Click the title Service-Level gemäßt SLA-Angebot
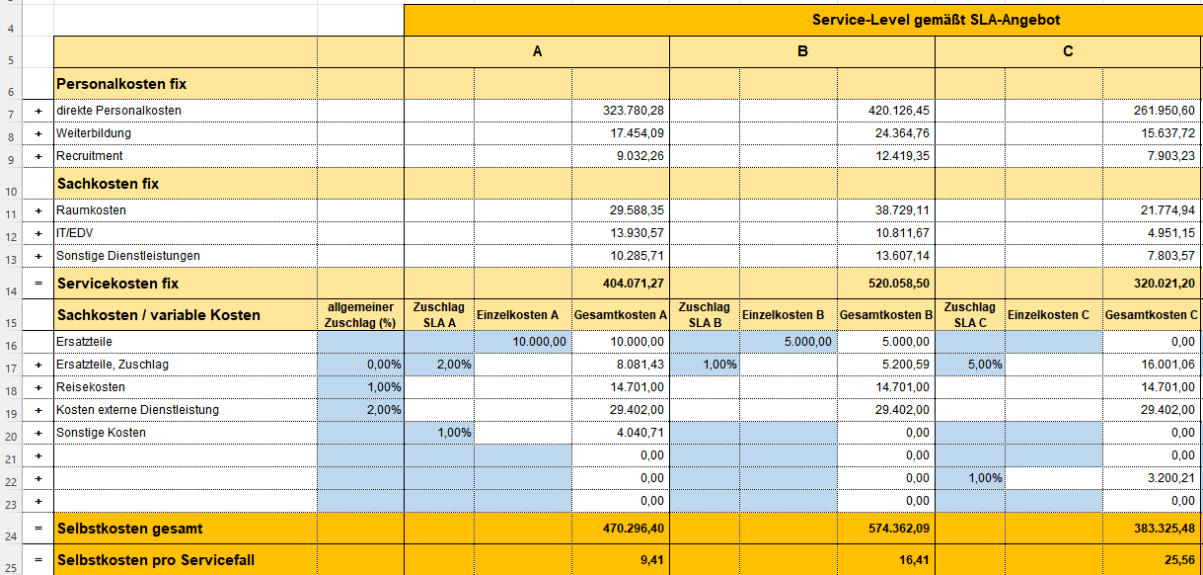tap(936, 20)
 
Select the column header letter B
tap(802, 51)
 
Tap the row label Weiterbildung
tap(94, 133)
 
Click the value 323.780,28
tap(634, 111)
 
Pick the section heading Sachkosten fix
tap(108, 184)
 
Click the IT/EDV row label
tap(75, 233)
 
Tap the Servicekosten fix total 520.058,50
tap(898, 284)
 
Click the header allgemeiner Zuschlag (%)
tap(360, 315)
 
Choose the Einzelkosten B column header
tap(783, 315)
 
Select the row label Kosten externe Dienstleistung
tap(137, 410)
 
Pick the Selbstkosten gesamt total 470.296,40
tap(634, 529)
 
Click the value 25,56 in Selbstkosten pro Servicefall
tap(1179, 560)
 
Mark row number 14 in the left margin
tap(11, 291)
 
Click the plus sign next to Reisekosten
tap(38, 388)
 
